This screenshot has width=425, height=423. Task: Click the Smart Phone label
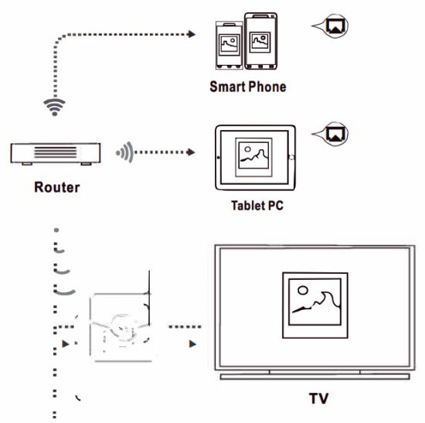tap(247, 87)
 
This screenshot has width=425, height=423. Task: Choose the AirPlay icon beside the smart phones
tap(335, 26)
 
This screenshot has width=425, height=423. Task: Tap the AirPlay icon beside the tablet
tap(335, 134)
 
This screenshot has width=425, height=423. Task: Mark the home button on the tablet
tap(291, 157)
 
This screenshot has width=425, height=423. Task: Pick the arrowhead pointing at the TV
tap(194, 342)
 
